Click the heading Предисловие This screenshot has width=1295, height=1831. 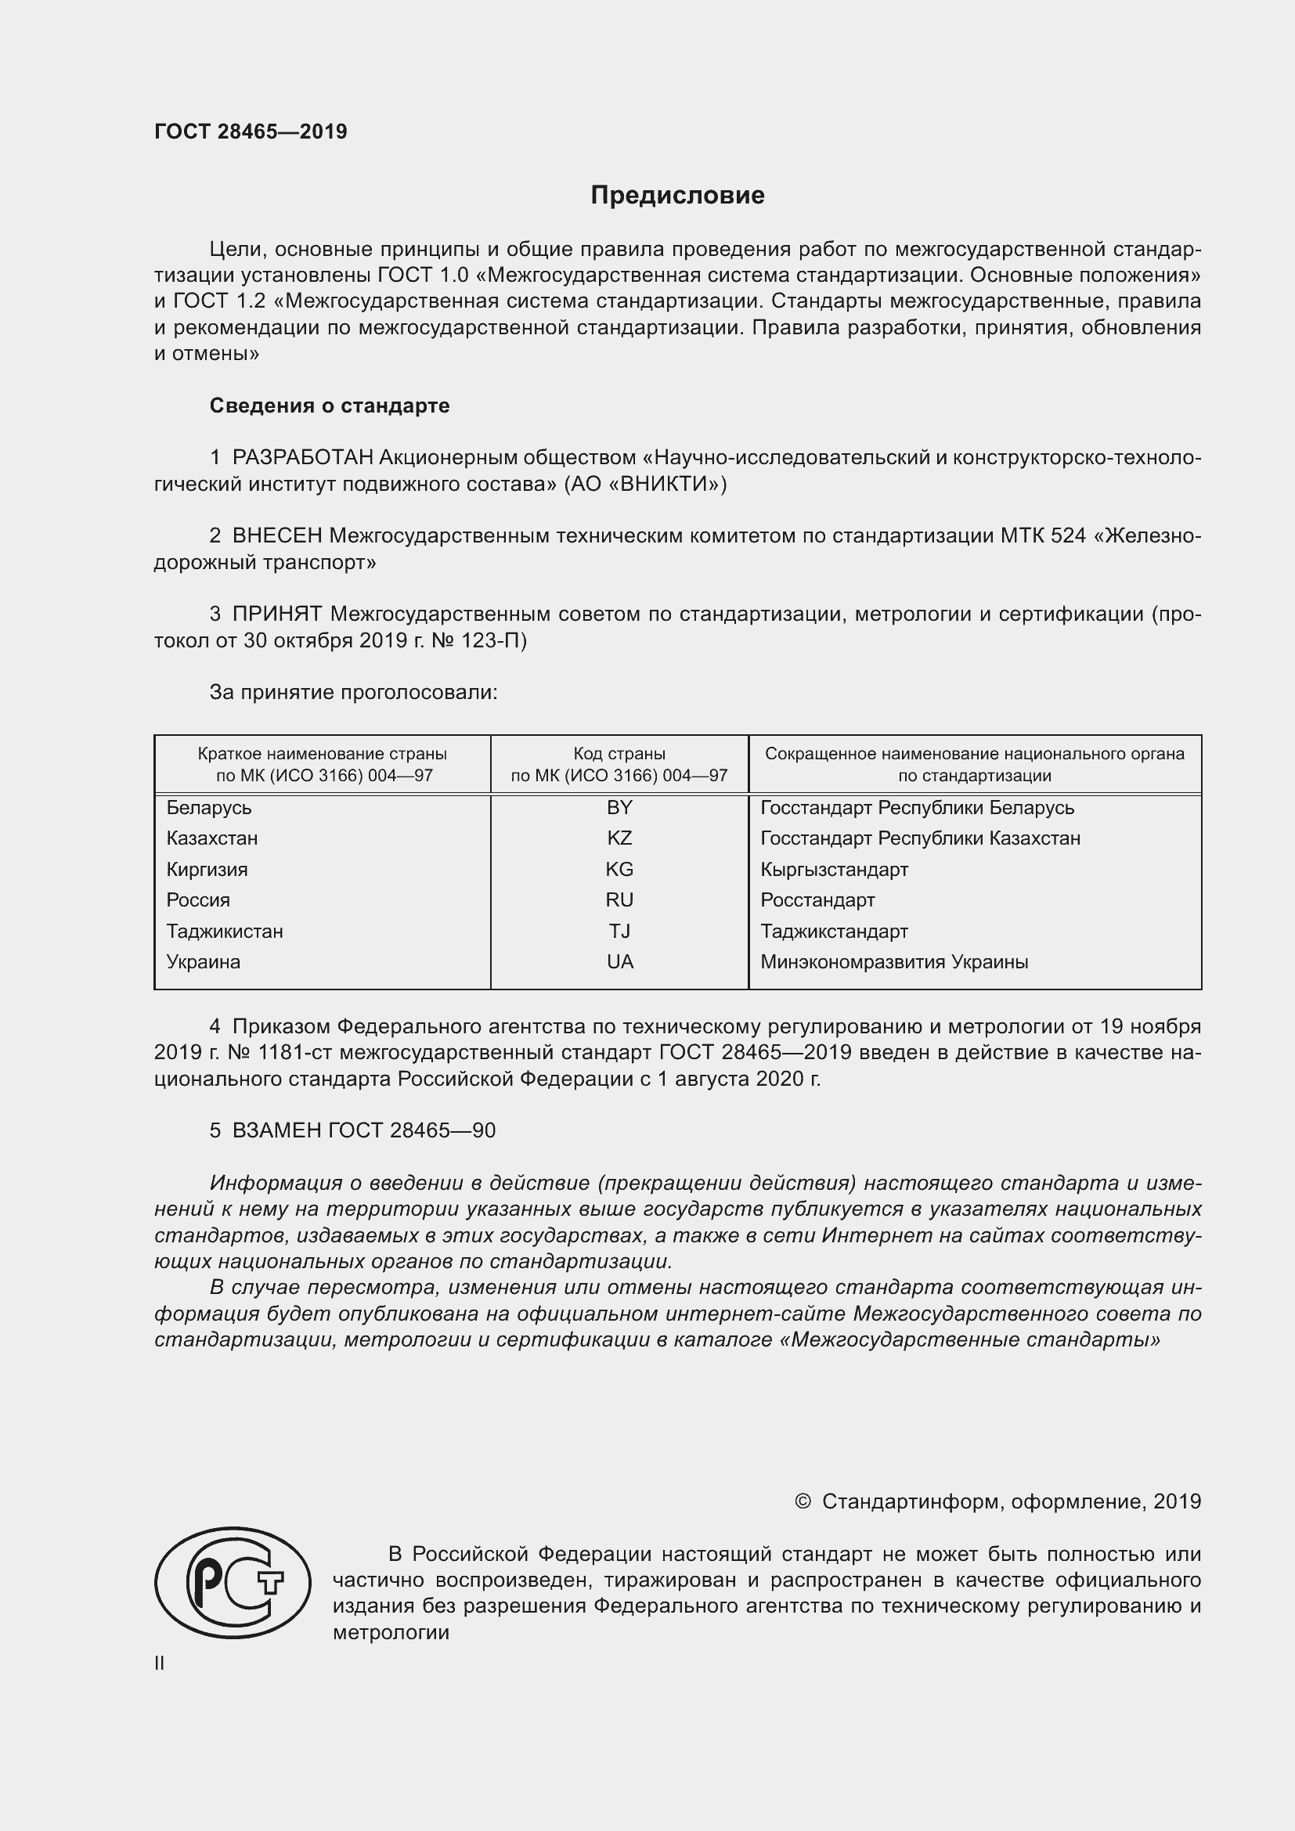point(677,196)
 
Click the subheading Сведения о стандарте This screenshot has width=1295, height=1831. point(330,406)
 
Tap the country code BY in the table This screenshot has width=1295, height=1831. point(619,808)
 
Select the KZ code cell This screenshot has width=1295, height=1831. point(619,838)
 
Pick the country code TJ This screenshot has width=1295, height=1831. point(619,931)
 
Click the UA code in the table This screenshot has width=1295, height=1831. point(619,962)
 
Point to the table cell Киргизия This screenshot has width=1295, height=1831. point(207,869)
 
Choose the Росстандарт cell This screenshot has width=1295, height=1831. point(817,900)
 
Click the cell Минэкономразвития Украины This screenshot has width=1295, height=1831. point(894,962)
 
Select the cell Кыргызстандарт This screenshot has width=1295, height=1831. point(834,869)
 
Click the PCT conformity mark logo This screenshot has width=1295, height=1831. point(233,1582)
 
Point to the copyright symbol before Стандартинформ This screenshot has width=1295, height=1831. point(803,1501)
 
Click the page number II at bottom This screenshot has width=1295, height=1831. point(160,1663)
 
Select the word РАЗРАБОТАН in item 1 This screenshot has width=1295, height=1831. point(302,458)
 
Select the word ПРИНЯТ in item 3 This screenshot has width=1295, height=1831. point(276,614)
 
